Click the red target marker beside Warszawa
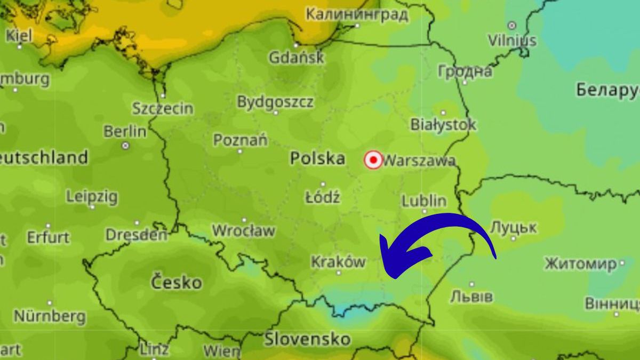[x=373, y=160]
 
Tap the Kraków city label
[x=338, y=262]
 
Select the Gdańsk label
[x=296, y=57]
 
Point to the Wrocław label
[x=244, y=231]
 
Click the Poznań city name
[x=241, y=140]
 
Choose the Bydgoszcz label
[x=275, y=102]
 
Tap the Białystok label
[x=443, y=125]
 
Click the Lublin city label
[x=424, y=201]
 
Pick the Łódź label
[x=323, y=197]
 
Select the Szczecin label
[x=163, y=109]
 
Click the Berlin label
[x=125, y=131]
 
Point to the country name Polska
[x=317, y=158]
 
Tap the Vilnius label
[x=512, y=40]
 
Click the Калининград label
[x=357, y=14]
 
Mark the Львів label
[x=471, y=297]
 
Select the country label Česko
[x=177, y=282]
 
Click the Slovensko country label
[x=308, y=339]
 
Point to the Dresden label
[x=137, y=235]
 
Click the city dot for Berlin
[x=125, y=145]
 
